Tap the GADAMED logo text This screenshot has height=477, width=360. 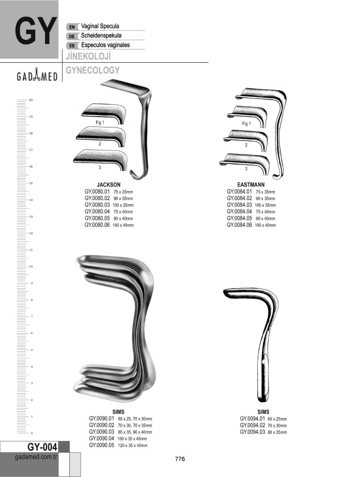(37, 75)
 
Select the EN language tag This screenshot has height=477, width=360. (72, 27)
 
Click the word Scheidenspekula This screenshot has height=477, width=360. (101, 36)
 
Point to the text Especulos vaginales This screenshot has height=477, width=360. (105, 45)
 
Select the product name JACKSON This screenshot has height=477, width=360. (109, 185)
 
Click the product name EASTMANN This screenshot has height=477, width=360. (251, 185)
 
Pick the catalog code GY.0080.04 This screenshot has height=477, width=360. (97, 211)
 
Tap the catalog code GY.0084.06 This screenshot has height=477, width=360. (239, 225)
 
